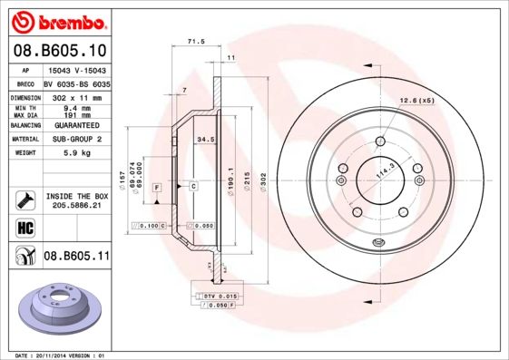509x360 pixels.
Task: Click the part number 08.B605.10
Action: point(61,51)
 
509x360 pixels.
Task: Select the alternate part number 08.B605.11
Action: point(76,257)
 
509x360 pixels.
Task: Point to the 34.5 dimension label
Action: point(205,140)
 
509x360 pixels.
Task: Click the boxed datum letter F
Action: point(157,186)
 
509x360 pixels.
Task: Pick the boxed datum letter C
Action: point(192,186)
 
